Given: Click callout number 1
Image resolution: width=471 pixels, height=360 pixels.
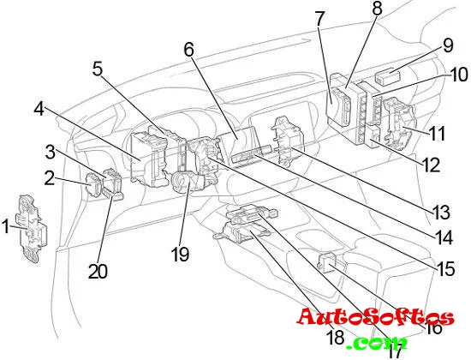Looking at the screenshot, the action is [x=6, y=226].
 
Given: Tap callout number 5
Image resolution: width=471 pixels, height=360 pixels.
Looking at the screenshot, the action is [x=98, y=69].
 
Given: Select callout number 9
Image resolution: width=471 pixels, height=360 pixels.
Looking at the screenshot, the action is [x=448, y=46].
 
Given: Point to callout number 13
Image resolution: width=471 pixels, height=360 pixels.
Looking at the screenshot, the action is [x=441, y=213].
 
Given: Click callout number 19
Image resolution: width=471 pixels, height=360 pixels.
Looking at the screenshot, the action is [x=180, y=255].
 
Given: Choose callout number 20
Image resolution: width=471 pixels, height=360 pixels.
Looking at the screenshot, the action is [x=98, y=272].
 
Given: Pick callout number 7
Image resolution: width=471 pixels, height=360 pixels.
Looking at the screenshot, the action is [x=320, y=19].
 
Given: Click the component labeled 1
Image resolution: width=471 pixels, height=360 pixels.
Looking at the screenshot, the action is [x=33, y=229].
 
